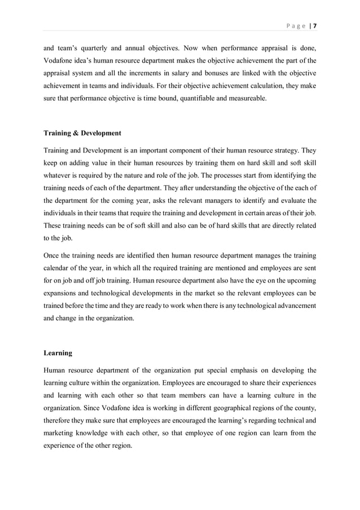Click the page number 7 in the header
[315, 25]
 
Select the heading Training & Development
[82, 133]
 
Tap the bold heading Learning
[58, 353]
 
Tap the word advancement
[291, 306]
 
